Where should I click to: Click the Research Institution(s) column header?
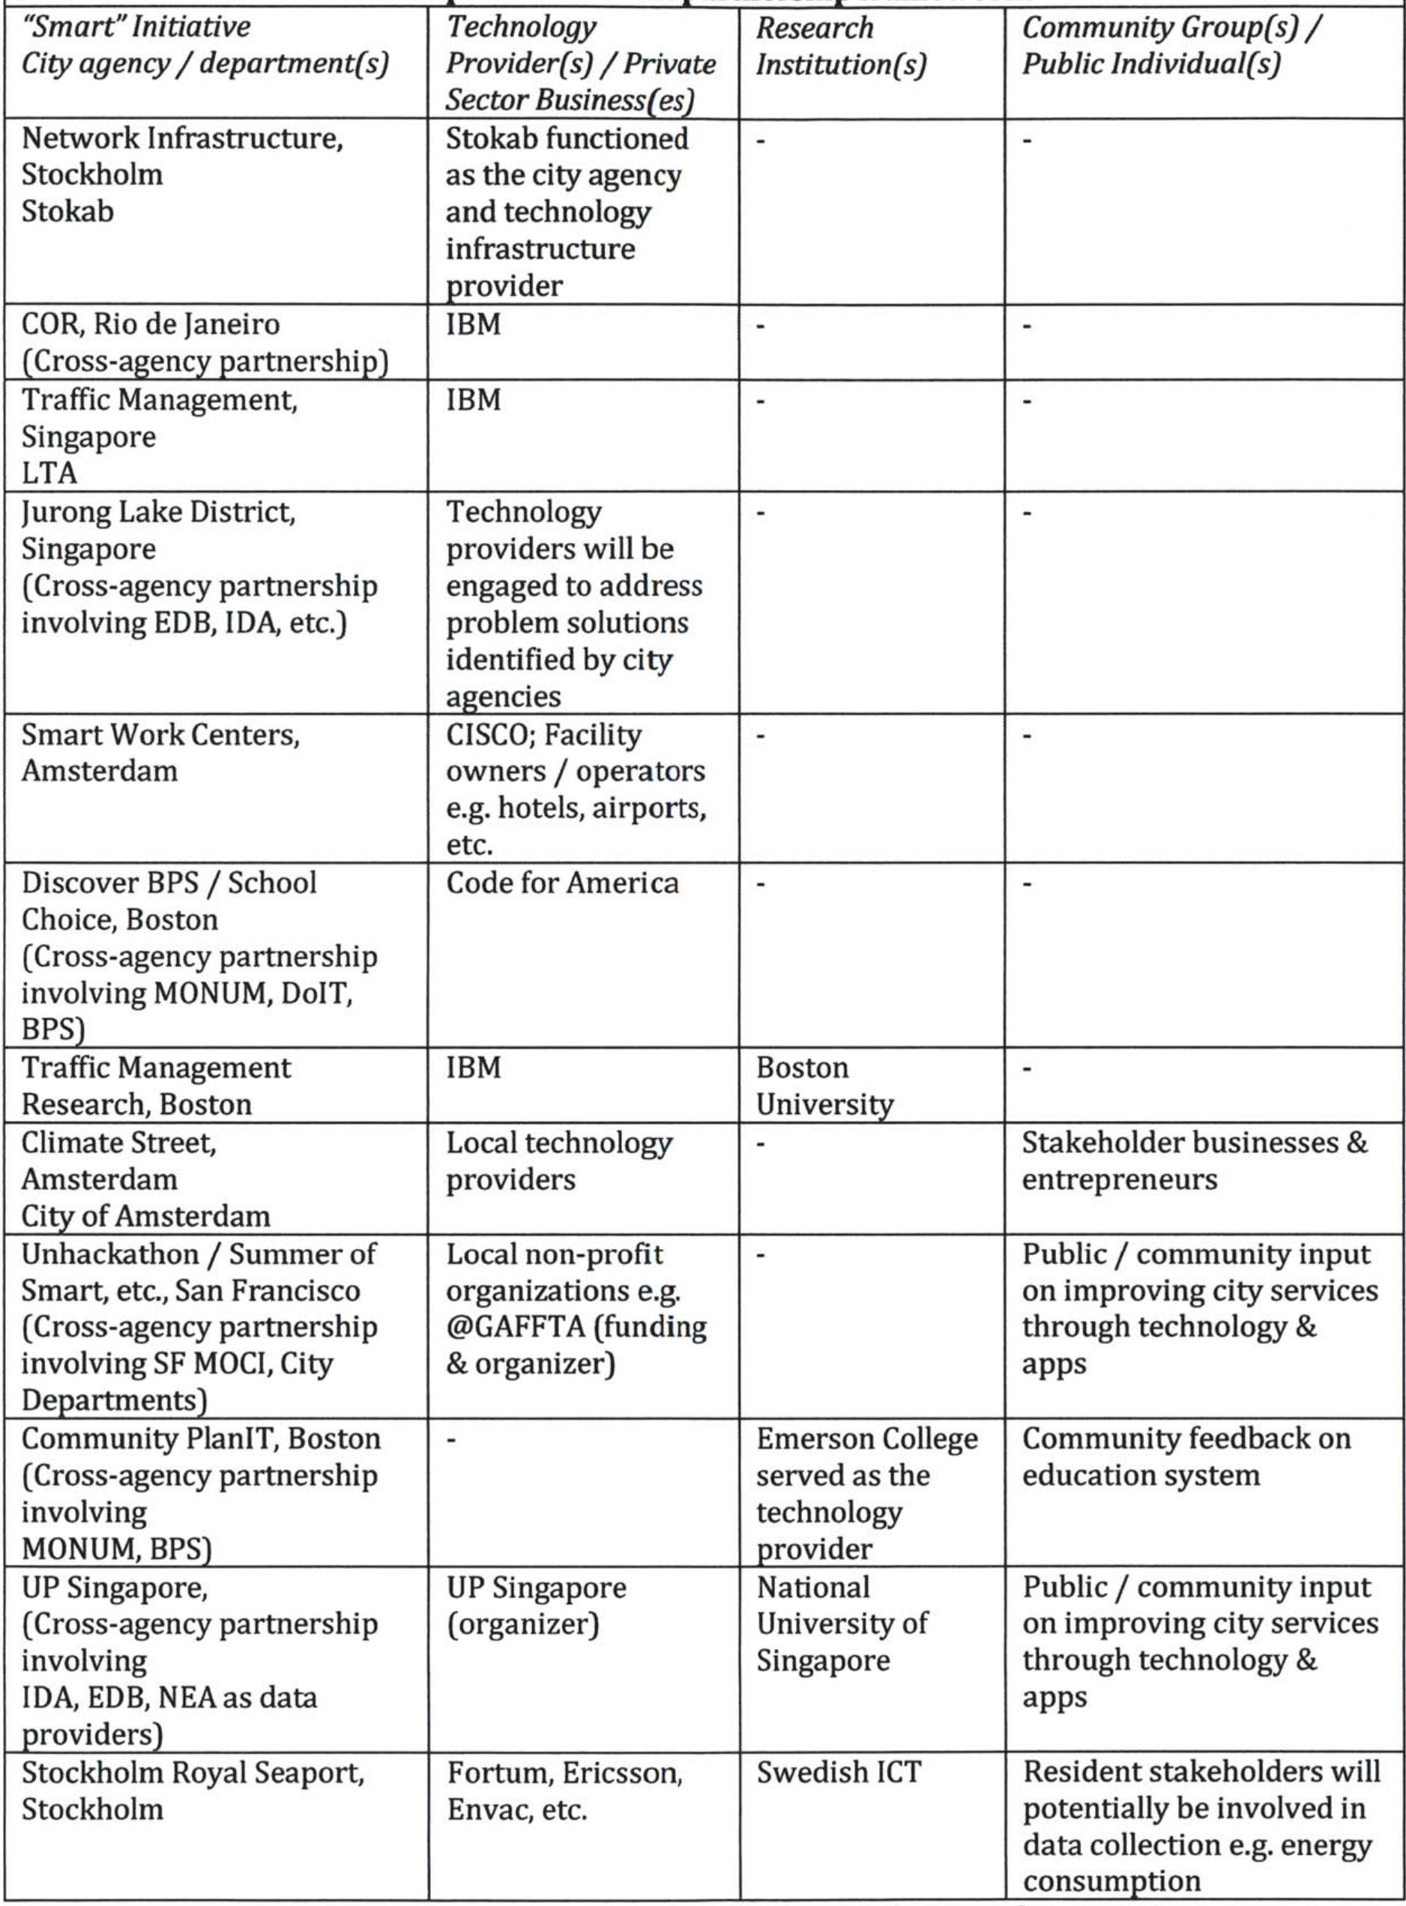pos(840,46)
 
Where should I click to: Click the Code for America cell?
pos(561,883)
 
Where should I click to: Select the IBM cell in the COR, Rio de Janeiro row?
pos(473,324)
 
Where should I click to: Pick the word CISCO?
pos(486,734)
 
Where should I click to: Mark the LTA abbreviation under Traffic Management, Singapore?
pos(49,472)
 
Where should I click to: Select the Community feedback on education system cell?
pos(1186,1456)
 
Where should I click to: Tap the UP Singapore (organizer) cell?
pos(536,1606)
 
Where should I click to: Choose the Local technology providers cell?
pos(559,1161)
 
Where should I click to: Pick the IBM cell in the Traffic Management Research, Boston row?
pos(473,1067)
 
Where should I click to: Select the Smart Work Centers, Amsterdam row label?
pos(160,752)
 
